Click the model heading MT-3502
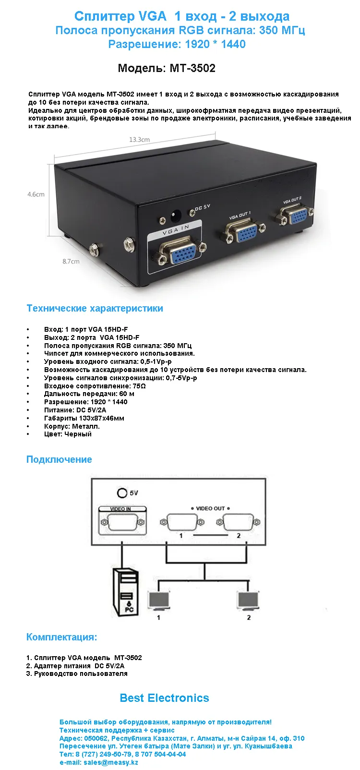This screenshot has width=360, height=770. (x=167, y=68)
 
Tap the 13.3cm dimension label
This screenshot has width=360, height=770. (x=139, y=140)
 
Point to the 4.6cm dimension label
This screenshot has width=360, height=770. (x=36, y=194)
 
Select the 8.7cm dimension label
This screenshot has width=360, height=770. (x=71, y=262)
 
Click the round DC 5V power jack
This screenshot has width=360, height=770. (x=176, y=215)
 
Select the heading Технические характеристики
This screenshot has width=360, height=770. (x=95, y=308)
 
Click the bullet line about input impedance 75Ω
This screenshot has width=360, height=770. (x=95, y=386)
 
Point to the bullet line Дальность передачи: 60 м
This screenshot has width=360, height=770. (x=89, y=394)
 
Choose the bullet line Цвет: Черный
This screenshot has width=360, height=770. (x=68, y=434)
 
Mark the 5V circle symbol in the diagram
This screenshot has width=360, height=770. (x=122, y=493)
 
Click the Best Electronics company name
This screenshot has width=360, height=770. (x=164, y=698)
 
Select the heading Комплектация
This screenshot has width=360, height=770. (x=61, y=637)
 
